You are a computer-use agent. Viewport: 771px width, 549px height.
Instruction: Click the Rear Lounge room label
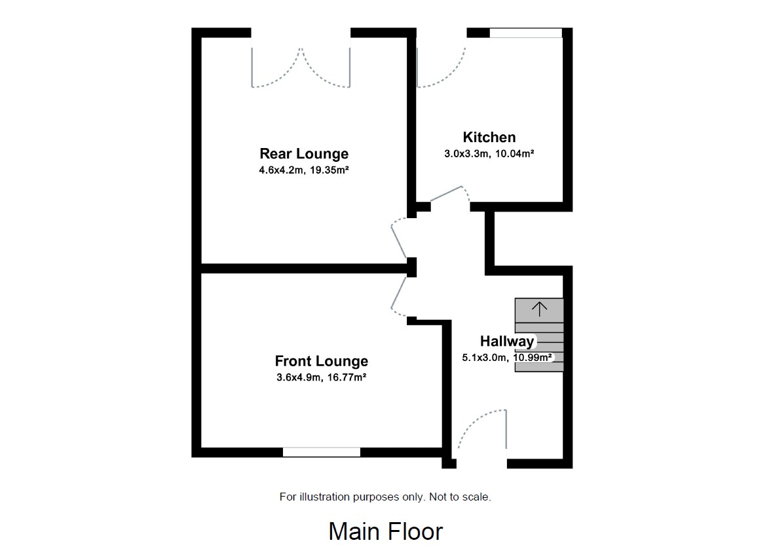(x=304, y=154)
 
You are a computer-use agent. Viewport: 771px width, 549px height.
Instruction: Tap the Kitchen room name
(x=489, y=138)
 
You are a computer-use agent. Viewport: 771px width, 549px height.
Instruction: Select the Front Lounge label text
(x=321, y=361)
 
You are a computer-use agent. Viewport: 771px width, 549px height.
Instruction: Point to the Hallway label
(x=506, y=341)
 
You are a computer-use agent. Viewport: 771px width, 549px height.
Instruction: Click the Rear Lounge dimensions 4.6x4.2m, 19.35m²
(x=304, y=170)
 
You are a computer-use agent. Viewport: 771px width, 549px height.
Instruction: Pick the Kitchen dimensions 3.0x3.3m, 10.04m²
(x=489, y=154)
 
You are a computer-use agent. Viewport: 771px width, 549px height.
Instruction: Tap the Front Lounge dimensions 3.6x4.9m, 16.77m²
(x=321, y=377)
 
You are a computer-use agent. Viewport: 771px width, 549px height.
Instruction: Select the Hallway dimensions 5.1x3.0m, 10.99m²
(x=506, y=358)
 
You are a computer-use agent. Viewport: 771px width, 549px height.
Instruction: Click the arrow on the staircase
(x=538, y=309)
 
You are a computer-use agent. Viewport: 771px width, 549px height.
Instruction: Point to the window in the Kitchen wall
(x=526, y=33)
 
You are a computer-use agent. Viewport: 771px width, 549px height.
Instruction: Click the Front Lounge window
(x=322, y=452)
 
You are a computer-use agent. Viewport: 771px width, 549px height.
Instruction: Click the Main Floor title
(x=385, y=531)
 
